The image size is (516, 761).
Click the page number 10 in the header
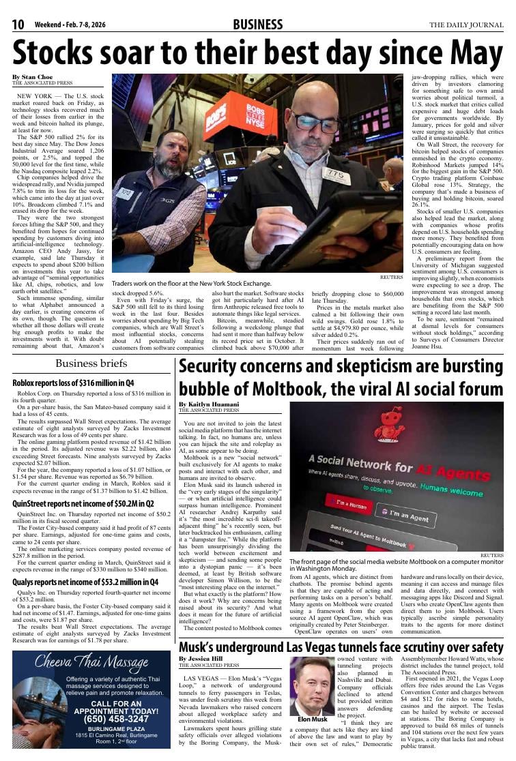[x=18, y=25]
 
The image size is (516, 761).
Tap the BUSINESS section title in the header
[x=257, y=25]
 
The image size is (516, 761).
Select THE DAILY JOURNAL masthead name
[x=466, y=25]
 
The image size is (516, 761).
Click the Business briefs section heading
[x=91, y=363]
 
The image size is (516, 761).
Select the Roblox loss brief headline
[x=73, y=383]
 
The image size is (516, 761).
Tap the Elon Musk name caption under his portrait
[x=313, y=719]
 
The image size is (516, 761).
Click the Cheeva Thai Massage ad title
[x=91, y=661]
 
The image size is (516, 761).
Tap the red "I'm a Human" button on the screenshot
[x=348, y=505]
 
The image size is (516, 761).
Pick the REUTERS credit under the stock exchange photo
[x=391, y=277]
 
